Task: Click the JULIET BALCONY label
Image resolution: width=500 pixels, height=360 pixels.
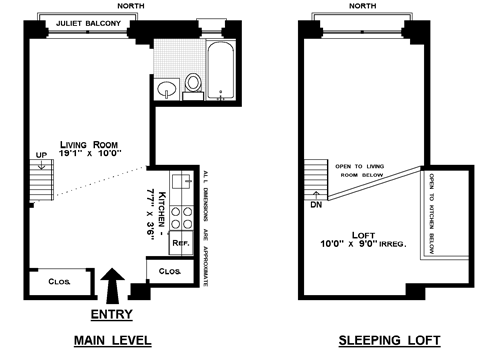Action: (88, 23)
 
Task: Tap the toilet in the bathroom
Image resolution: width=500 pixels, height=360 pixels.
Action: (193, 86)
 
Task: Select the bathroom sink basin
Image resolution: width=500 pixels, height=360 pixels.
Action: (167, 89)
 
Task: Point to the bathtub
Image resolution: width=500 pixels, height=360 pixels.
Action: (220, 70)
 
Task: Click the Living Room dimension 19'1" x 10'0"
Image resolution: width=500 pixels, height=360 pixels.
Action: (90, 153)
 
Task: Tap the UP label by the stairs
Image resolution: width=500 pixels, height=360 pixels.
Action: (41, 155)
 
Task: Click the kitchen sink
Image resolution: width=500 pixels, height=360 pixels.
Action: (182, 182)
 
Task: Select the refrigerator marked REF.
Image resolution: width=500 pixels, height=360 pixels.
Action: (181, 243)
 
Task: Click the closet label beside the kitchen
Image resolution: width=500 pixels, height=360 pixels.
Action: (170, 271)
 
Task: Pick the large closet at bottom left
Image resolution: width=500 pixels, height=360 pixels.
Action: (60, 282)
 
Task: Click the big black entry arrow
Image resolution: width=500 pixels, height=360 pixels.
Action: (112, 286)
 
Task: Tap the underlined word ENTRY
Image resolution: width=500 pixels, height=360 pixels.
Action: (112, 314)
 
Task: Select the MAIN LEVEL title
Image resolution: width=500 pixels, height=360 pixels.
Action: (113, 340)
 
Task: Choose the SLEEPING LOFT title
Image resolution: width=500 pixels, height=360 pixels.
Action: (390, 340)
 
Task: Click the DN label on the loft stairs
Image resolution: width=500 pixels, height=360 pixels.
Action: (316, 205)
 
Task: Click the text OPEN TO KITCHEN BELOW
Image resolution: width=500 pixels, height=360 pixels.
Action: (431, 214)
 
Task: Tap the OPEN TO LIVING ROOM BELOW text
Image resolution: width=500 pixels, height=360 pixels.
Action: (360, 170)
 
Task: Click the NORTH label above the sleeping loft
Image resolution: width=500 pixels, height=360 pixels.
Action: (363, 6)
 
